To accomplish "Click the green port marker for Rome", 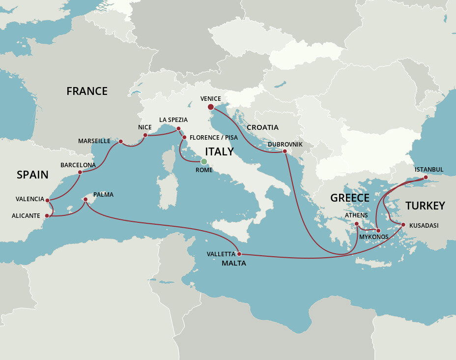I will (204, 161).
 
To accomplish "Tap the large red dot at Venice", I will (210, 107).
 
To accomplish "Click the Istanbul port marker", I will (426, 177).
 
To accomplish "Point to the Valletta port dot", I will (239, 254).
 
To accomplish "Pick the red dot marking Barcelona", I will (80, 173).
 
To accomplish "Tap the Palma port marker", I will (85, 200).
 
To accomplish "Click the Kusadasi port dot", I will (403, 225).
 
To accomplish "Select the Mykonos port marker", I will (378, 230).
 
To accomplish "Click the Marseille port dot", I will (120, 142).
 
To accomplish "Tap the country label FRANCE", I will (87, 91).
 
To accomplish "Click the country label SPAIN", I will (32, 175).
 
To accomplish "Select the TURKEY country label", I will (425, 206).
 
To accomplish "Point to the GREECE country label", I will (349, 198).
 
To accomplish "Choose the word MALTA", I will (233, 264).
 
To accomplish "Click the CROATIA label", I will (262, 127).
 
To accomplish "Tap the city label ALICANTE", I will (26, 215).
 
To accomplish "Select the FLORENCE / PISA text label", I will (214, 138).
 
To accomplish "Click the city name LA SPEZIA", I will (173, 120).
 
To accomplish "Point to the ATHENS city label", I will (356, 215).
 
